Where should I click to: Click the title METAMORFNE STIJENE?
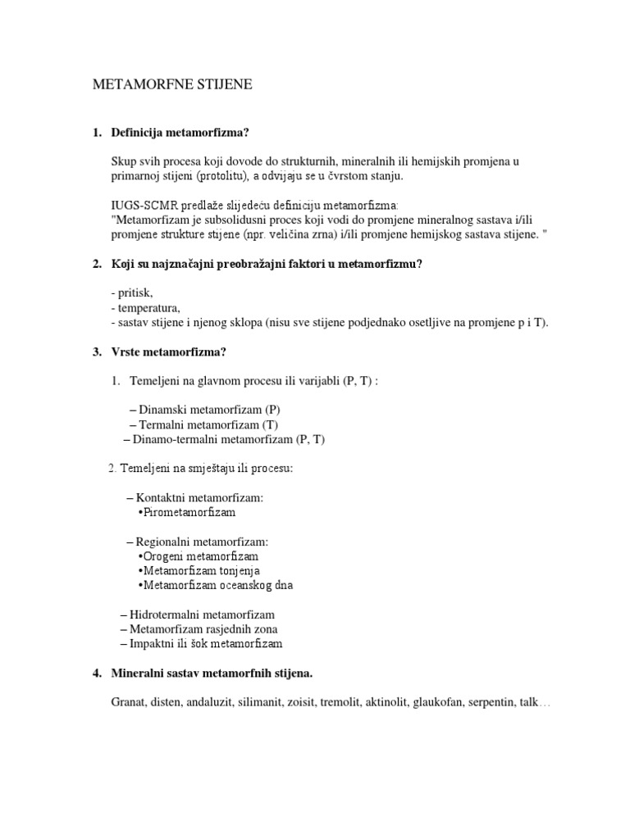171,84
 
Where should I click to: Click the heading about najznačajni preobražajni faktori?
266,263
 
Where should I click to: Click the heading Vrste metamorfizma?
168,351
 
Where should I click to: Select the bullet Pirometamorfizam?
188,512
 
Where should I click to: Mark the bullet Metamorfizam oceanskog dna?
217,585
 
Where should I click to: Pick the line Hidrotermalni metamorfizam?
202,614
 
